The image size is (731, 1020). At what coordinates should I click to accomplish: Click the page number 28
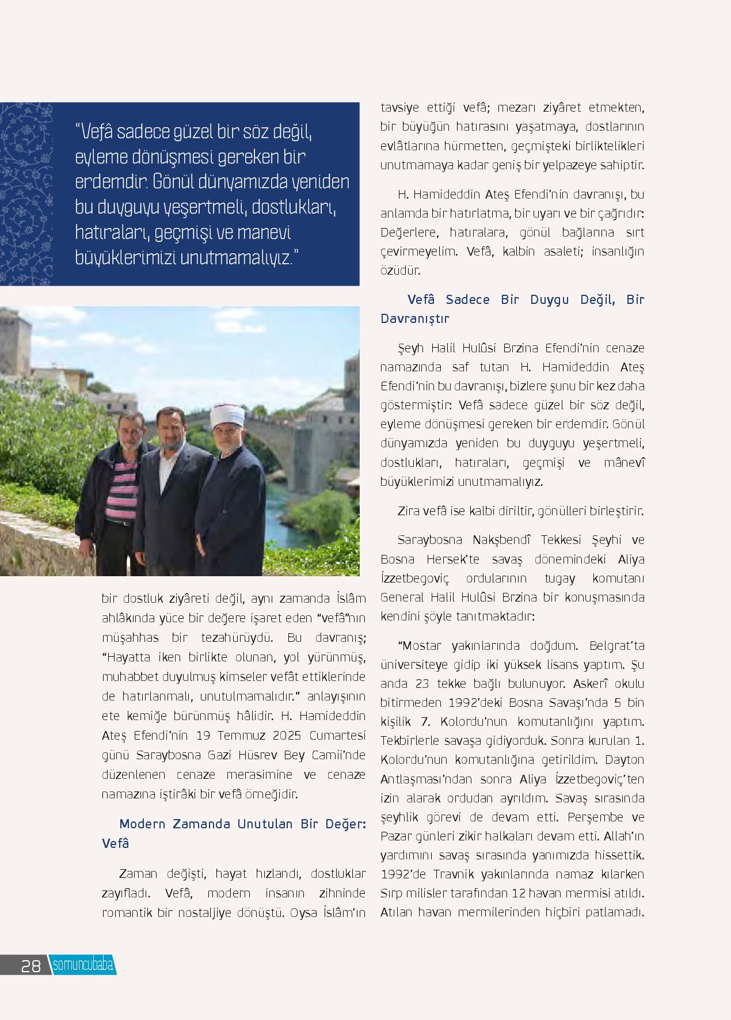click(x=31, y=965)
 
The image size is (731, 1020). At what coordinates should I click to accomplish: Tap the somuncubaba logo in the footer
click(x=83, y=965)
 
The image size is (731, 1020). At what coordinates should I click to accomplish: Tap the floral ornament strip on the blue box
click(x=26, y=194)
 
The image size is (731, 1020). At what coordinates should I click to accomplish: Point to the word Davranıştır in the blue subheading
click(x=414, y=318)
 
